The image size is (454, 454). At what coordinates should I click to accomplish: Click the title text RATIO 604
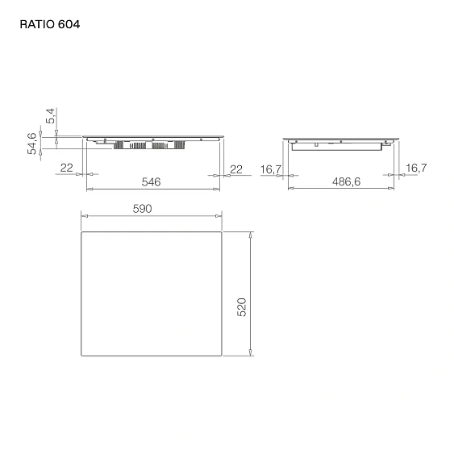click(49, 24)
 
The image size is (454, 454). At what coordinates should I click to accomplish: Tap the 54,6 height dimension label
click(33, 143)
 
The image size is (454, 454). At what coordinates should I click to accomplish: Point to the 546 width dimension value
click(152, 181)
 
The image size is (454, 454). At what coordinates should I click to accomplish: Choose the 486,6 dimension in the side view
click(346, 181)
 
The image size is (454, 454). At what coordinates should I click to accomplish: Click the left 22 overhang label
click(68, 167)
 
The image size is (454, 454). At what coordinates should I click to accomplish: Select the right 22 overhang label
click(236, 167)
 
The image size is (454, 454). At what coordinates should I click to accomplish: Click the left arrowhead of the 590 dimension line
click(85, 216)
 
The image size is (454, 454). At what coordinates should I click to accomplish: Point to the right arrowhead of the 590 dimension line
click(219, 216)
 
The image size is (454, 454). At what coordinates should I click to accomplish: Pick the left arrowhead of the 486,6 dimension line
click(291, 190)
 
